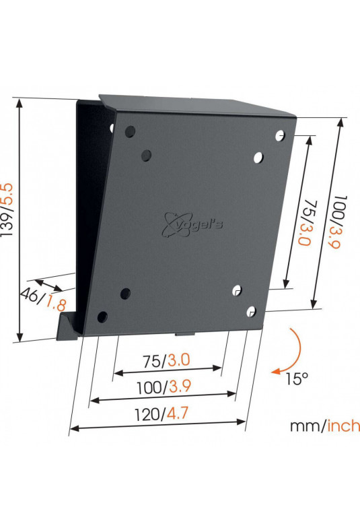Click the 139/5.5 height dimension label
pyautogui.click(x=7, y=210)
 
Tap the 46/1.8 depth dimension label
pyautogui.click(x=43, y=298)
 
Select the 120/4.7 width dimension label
pyautogui.click(x=161, y=414)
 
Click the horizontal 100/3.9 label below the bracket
pyautogui.click(x=164, y=387)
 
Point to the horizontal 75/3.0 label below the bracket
pyautogui.click(x=166, y=360)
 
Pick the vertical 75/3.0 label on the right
pyautogui.click(x=305, y=223)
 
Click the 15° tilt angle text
pyautogui.click(x=297, y=378)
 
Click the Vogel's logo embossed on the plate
pyautogui.click(x=192, y=224)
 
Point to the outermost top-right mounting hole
pyautogui.click(x=280, y=135)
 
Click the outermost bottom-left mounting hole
pyautogui.click(x=102, y=317)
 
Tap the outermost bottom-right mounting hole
pyautogui.click(x=251, y=312)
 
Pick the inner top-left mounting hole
pyautogui.click(x=146, y=156)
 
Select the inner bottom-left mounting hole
pyautogui.click(x=125, y=294)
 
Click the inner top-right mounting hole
pyautogui.click(x=258, y=158)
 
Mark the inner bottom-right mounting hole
pyautogui.click(x=237, y=290)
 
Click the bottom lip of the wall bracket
pyautogui.click(x=68, y=327)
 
